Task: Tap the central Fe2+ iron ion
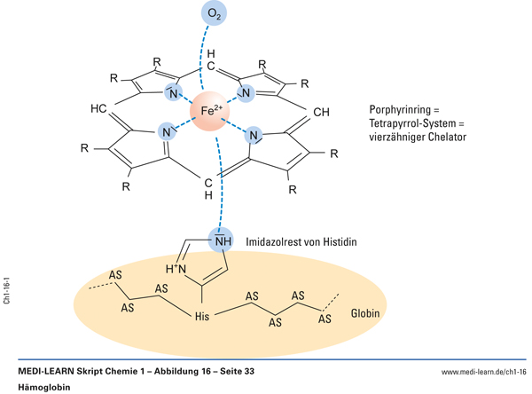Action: (x=214, y=112)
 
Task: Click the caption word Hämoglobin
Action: (x=43, y=388)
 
